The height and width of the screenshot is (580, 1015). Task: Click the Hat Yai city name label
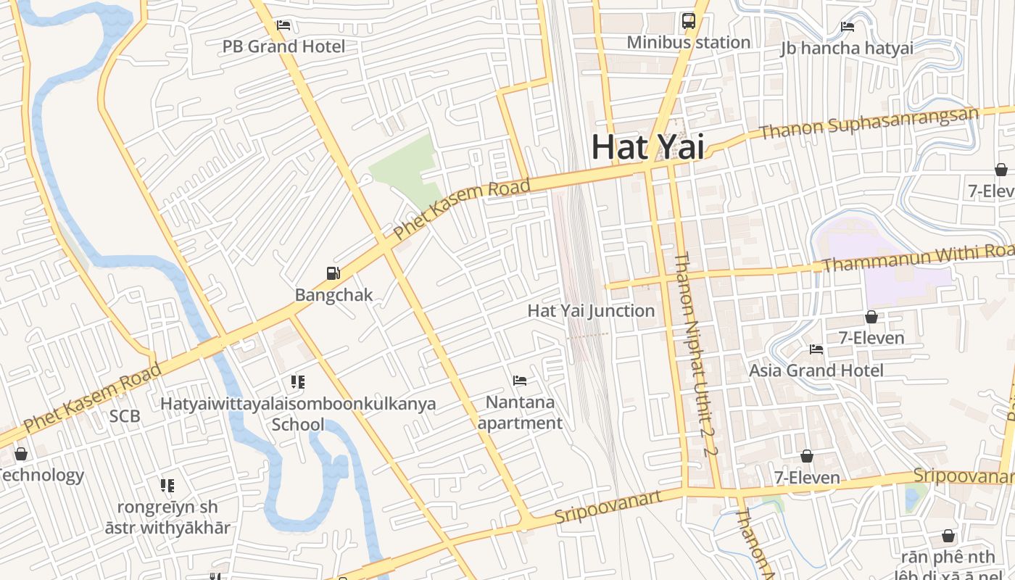(647, 146)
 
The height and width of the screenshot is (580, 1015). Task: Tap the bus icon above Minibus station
(689, 21)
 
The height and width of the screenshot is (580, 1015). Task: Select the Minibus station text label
(688, 42)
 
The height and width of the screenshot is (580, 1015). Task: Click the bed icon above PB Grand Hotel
(283, 25)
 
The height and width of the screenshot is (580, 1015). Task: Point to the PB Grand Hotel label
(283, 46)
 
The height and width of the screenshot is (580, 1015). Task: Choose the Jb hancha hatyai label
(847, 49)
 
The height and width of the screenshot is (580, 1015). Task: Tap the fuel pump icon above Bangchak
(333, 273)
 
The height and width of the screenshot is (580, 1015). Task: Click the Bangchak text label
(333, 294)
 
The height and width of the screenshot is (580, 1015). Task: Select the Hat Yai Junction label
(591, 310)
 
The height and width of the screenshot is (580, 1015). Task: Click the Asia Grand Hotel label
(816, 370)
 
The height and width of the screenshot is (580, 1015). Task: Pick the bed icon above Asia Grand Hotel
(816, 349)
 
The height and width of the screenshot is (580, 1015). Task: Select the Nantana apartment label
(520, 412)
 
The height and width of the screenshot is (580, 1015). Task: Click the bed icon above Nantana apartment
(520, 380)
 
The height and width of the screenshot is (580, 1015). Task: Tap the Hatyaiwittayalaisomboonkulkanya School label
(298, 413)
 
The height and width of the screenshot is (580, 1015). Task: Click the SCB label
(125, 416)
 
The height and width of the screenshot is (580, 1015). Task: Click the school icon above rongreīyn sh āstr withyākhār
(167, 485)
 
